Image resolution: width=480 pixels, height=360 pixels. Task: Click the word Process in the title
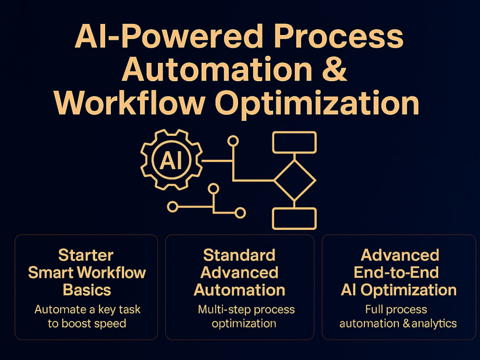click(x=338, y=36)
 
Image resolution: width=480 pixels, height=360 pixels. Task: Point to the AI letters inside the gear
click(x=171, y=160)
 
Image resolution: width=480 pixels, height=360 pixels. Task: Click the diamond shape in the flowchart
click(x=295, y=180)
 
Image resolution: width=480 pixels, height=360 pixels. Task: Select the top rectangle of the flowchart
click(x=295, y=143)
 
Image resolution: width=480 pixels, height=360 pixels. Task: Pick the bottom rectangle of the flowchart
click(x=295, y=218)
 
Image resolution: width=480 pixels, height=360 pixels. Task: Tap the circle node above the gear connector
click(x=233, y=141)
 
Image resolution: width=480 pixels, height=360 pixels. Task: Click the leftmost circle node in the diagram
click(x=173, y=207)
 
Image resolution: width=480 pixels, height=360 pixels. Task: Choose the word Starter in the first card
click(x=86, y=255)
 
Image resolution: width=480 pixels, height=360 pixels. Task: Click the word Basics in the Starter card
click(x=87, y=290)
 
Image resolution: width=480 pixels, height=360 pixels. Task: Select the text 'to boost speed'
click(x=87, y=323)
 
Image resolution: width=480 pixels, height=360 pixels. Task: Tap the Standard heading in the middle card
click(x=240, y=255)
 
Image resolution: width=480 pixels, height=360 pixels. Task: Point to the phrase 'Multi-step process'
click(x=246, y=310)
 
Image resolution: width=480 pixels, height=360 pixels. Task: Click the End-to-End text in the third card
click(x=396, y=273)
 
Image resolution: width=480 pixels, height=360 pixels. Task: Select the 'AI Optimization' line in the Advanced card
click(x=398, y=290)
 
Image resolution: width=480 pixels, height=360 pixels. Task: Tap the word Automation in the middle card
click(x=240, y=290)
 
